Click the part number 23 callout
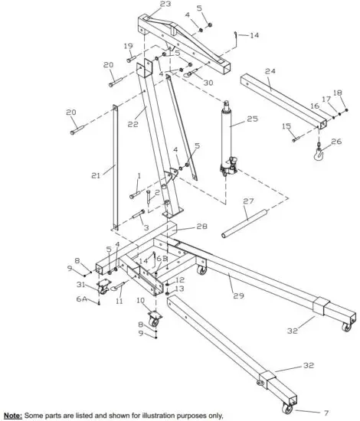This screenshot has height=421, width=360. [165, 5]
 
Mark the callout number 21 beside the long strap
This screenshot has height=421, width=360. [96, 176]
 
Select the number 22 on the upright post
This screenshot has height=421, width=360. [131, 123]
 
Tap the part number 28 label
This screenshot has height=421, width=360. [201, 227]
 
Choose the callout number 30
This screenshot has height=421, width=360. [208, 83]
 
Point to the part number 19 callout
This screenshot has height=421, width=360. [129, 46]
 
